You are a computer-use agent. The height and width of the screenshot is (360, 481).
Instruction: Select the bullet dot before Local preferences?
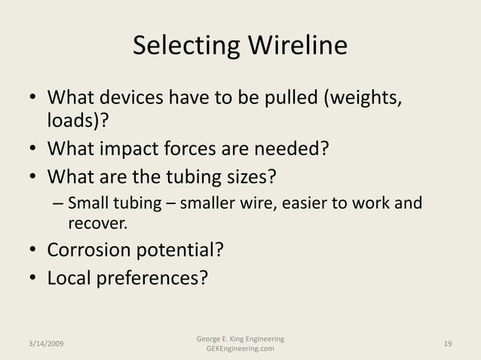tap(33, 279)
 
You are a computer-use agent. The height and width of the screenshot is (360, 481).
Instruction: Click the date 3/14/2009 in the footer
tap(42, 344)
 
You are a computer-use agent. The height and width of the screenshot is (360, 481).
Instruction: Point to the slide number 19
tap(449, 344)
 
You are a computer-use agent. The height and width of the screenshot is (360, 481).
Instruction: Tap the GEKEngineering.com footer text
tap(240, 349)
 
